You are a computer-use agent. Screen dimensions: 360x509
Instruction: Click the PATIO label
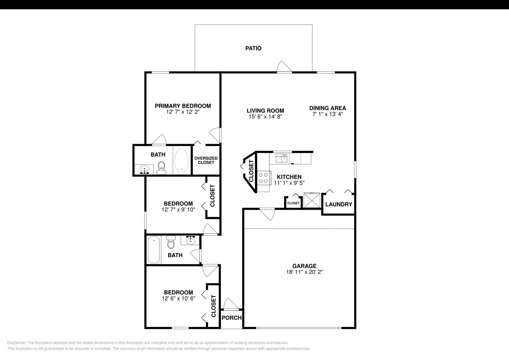pyautogui.click(x=253, y=48)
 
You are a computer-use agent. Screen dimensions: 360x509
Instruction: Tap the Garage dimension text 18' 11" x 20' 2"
pyautogui.click(x=304, y=272)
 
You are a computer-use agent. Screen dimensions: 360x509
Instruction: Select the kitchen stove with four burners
pyautogui.click(x=264, y=178)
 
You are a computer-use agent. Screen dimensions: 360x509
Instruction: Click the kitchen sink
pyautogui.click(x=282, y=158)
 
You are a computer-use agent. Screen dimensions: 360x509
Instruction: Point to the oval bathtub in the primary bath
pyautogui.click(x=182, y=161)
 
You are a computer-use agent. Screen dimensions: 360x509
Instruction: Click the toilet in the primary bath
pyautogui.click(x=162, y=168)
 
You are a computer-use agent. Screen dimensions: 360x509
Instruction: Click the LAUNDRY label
pyautogui.click(x=338, y=204)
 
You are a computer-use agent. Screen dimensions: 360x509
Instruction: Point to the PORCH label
pyautogui.click(x=231, y=318)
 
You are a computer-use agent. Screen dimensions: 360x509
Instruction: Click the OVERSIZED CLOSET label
pyautogui.click(x=206, y=160)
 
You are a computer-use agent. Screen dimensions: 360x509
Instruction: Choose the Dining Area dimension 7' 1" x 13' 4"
pyautogui.click(x=328, y=114)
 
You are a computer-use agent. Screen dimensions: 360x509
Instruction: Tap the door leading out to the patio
pyautogui.click(x=284, y=67)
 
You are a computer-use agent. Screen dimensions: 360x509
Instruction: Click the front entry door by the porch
pyautogui.click(x=231, y=304)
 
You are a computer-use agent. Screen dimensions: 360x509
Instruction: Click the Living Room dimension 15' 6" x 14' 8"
pyautogui.click(x=265, y=116)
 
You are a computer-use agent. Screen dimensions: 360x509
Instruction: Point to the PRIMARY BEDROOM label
pyautogui.click(x=183, y=106)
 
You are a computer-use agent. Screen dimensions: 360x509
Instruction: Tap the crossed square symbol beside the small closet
pyautogui.click(x=311, y=200)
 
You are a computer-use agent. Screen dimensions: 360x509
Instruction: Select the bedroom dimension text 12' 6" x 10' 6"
pyautogui.click(x=178, y=298)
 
